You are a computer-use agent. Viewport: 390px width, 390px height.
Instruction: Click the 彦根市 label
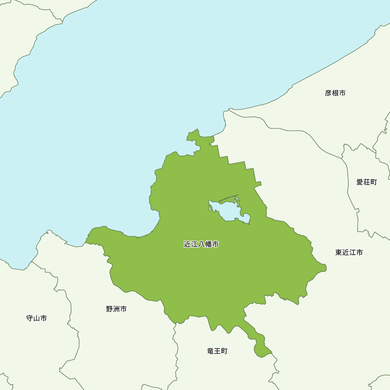point(335,93)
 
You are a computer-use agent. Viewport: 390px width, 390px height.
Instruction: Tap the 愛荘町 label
point(367,182)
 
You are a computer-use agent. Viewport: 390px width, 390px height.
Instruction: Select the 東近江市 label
point(349,252)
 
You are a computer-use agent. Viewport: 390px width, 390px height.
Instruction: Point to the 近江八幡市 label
point(201,245)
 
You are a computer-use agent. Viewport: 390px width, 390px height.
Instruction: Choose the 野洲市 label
point(116,309)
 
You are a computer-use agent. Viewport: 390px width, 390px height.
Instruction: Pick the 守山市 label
point(37,318)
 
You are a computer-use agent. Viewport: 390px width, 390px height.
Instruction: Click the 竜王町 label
point(217,351)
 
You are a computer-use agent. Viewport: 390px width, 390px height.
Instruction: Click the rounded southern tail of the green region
point(260,350)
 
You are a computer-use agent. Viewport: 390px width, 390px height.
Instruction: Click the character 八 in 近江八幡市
point(201,245)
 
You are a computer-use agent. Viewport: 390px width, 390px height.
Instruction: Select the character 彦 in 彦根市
point(328,93)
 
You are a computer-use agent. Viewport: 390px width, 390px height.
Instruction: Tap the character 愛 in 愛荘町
point(360,182)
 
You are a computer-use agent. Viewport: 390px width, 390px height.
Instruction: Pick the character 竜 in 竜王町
point(211,351)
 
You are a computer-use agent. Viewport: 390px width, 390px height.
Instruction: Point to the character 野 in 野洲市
point(110,309)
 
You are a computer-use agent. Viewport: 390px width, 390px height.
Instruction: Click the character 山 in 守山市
point(37,318)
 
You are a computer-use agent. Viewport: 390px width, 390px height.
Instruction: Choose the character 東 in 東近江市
point(339,252)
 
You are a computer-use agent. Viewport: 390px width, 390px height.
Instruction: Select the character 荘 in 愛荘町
point(367,182)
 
